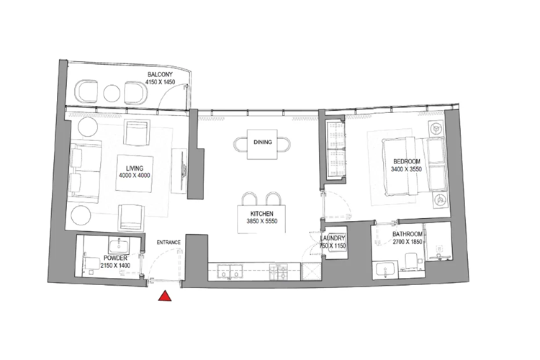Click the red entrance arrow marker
[x=166, y=296]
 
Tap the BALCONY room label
[x=159, y=74]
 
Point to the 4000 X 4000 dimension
[x=135, y=176]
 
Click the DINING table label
[x=262, y=143]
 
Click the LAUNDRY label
[x=333, y=238]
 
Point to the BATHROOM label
[x=408, y=235]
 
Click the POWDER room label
[x=116, y=257]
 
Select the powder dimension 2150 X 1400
[x=116, y=266]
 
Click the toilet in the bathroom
[x=411, y=260]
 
